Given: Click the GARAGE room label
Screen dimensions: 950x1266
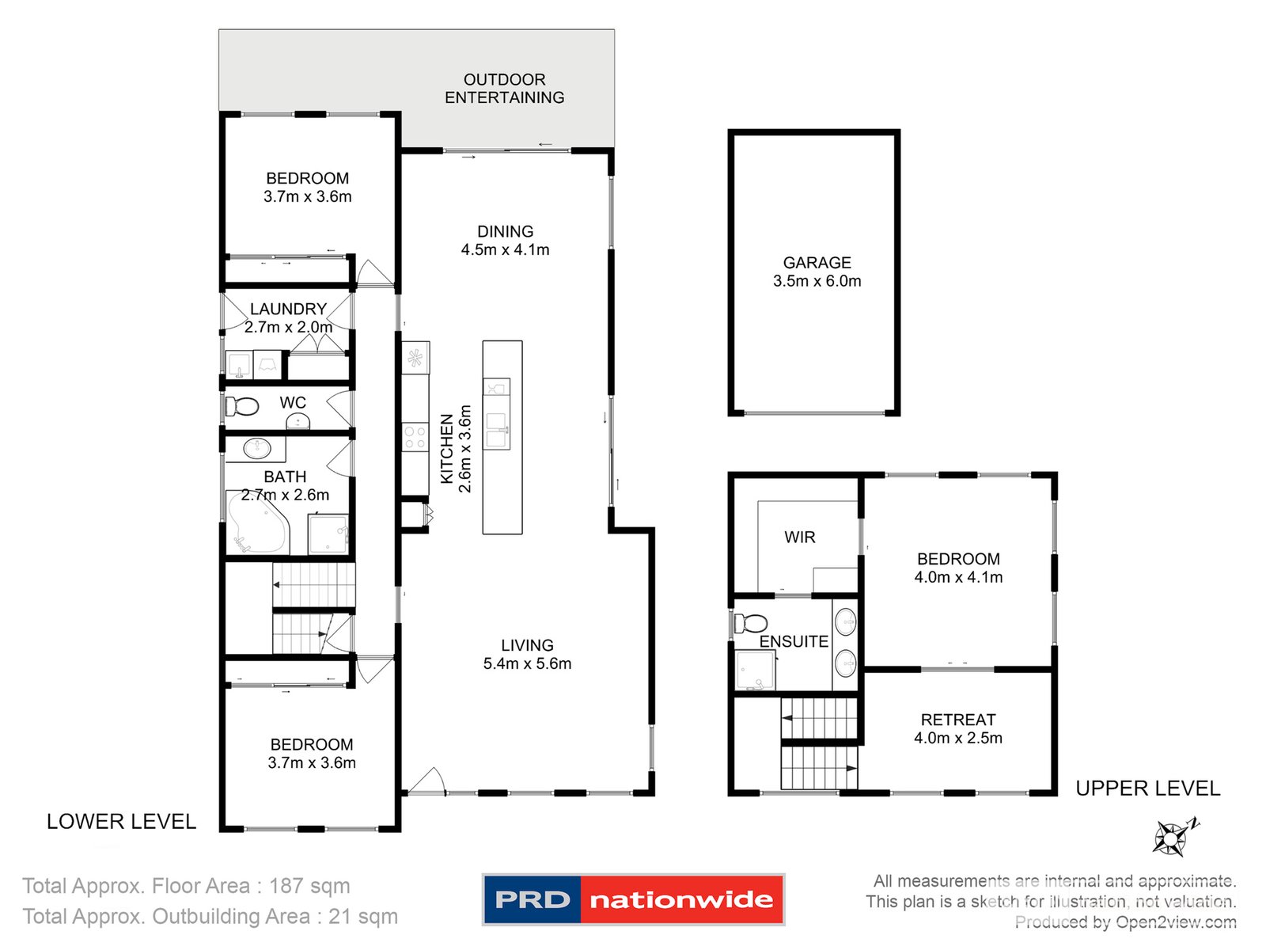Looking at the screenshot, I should [x=817, y=262].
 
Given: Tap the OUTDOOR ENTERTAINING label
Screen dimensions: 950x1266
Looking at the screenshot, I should [x=504, y=89].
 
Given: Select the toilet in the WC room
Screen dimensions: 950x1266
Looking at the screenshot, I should [x=243, y=407].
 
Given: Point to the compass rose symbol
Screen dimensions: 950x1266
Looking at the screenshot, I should [x=1172, y=838].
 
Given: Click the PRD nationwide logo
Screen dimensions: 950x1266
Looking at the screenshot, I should [x=633, y=899].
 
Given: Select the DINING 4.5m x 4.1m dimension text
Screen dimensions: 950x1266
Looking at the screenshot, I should [x=505, y=250].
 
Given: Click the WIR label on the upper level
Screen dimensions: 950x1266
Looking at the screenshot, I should [x=799, y=537].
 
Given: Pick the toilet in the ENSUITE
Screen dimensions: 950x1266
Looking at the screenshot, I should [x=751, y=623].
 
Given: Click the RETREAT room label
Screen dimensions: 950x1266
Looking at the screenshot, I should [x=957, y=720].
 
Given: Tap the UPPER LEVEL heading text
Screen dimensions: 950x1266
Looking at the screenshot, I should [x=1147, y=788].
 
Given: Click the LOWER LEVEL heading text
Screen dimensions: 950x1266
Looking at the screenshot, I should [x=121, y=822].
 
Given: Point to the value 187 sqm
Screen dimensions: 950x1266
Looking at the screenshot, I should [x=309, y=886].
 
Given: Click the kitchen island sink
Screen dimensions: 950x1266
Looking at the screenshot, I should [x=497, y=431].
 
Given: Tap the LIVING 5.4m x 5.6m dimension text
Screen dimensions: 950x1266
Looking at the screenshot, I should [x=527, y=664].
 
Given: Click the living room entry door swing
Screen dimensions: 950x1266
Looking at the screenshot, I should [x=426, y=781].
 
